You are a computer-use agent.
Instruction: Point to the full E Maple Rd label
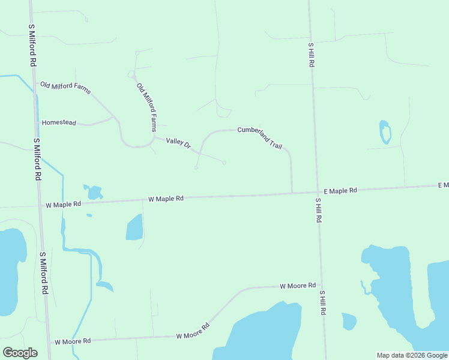point(340,190)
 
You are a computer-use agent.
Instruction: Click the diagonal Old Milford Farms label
point(146,107)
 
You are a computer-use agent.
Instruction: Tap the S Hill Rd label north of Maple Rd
point(311,54)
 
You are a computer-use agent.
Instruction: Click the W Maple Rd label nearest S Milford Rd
point(63,205)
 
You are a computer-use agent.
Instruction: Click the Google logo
point(20,352)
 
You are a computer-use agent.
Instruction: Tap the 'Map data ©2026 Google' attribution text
point(412,355)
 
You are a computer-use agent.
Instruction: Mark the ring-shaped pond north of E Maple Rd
point(385,133)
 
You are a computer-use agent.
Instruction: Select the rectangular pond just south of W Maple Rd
point(134,227)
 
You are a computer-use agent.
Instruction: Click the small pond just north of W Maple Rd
point(94,192)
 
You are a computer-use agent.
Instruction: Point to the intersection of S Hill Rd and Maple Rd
point(317,192)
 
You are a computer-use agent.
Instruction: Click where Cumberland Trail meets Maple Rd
point(292,193)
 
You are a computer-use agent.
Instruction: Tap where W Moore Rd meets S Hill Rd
point(321,285)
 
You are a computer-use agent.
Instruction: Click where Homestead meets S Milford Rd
point(36,122)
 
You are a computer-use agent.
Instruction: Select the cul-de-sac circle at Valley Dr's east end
point(224,162)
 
